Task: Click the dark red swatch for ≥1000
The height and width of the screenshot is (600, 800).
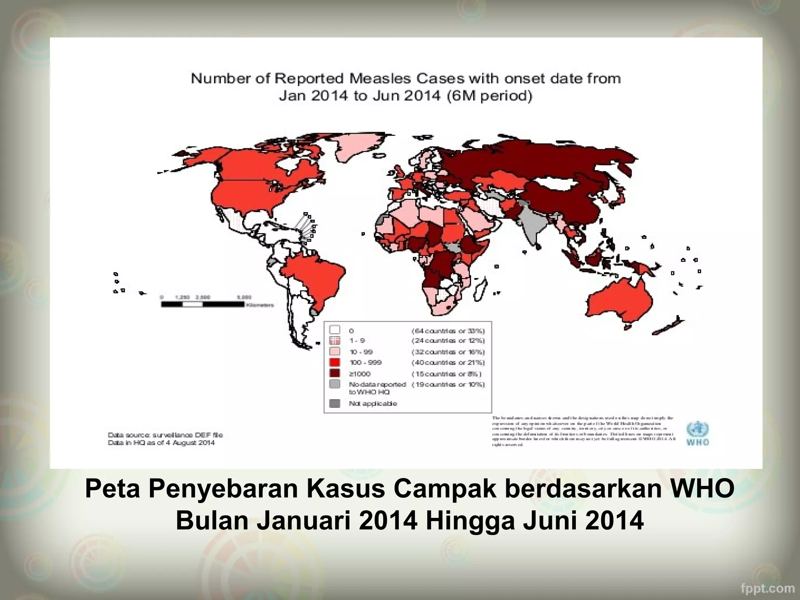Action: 335,373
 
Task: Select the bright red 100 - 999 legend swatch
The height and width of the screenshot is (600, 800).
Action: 335,362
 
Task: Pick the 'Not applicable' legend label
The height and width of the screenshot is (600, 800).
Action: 373,404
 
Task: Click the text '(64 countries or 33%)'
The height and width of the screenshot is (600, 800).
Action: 448,331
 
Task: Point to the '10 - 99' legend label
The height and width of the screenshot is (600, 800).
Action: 361,352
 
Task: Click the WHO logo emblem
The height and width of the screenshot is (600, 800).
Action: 698,430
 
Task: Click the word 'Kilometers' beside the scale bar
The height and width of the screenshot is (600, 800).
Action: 260,305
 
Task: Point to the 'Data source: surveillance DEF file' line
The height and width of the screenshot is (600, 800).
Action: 165,435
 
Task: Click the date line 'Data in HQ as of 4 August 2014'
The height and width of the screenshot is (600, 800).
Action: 161,443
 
